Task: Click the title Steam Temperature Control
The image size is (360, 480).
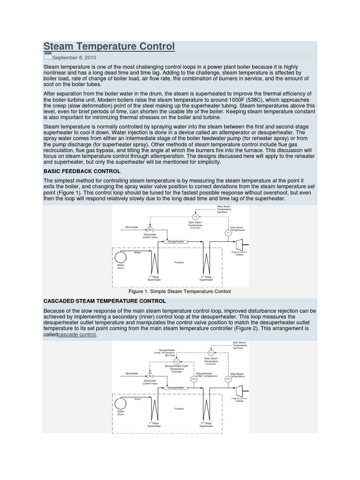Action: [109, 46]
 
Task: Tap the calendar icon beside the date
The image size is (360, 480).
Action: [47, 56]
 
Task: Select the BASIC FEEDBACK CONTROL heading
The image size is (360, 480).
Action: [82, 171]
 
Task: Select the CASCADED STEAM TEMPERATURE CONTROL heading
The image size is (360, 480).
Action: [104, 301]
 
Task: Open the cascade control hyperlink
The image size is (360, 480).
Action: [77, 335]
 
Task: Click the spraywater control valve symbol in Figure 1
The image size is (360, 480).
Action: [150, 228]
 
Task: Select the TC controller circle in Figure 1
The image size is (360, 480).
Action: [195, 216]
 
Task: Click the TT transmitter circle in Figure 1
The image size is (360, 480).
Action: [228, 232]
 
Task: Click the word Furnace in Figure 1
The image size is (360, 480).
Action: [179, 262]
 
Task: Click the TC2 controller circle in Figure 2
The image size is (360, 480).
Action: [176, 361]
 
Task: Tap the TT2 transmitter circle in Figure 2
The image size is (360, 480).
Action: [193, 379]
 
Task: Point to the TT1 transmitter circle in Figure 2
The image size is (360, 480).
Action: [228, 379]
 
